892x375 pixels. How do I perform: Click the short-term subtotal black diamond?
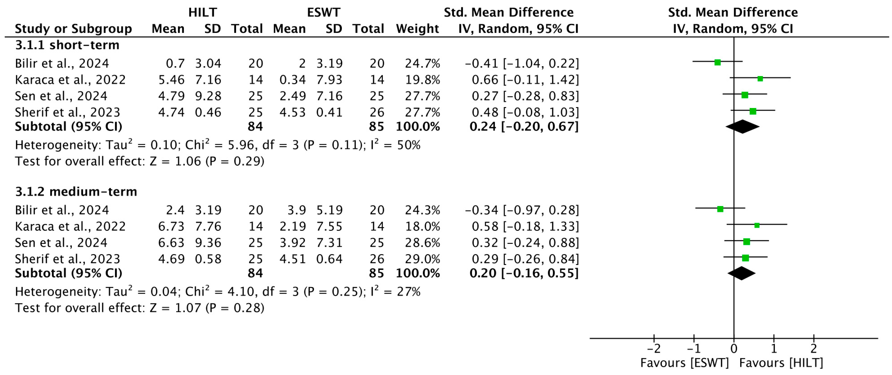coord(742,127)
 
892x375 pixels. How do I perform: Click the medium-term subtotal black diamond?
coord(741,273)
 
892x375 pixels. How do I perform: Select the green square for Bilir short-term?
coord(718,63)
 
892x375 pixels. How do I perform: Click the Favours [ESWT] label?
coord(684,363)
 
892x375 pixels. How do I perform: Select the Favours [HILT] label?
coord(781,363)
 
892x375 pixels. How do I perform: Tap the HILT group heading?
coord(202,12)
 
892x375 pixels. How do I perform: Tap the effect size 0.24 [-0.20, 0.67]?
coord(523,127)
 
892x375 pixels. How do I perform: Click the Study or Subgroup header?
coord(73,28)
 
